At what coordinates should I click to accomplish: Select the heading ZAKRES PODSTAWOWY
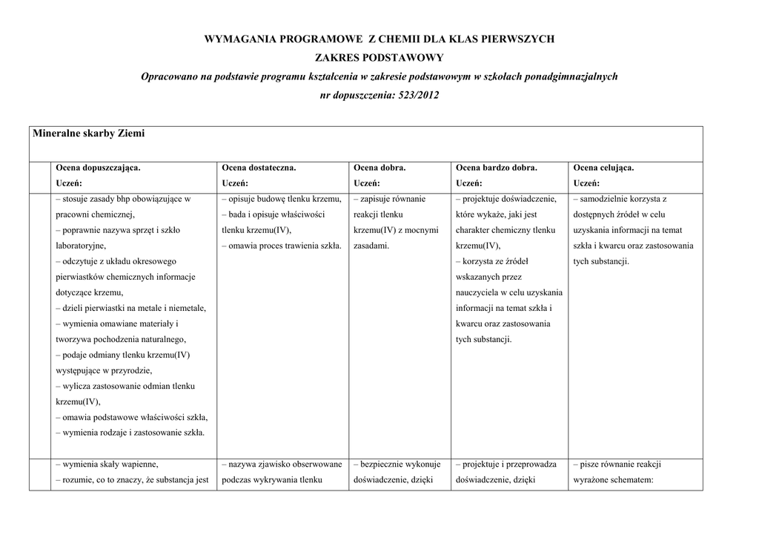(379, 57)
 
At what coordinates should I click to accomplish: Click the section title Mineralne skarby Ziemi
(88, 134)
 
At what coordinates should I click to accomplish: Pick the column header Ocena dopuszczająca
(98, 168)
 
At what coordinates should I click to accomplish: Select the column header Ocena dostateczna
(259, 168)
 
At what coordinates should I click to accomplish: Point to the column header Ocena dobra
(379, 168)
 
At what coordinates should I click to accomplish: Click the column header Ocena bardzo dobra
(497, 168)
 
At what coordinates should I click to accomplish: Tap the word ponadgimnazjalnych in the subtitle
(571, 76)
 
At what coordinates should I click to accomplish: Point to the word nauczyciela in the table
(480, 292)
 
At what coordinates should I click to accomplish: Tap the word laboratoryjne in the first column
(80, 246)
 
